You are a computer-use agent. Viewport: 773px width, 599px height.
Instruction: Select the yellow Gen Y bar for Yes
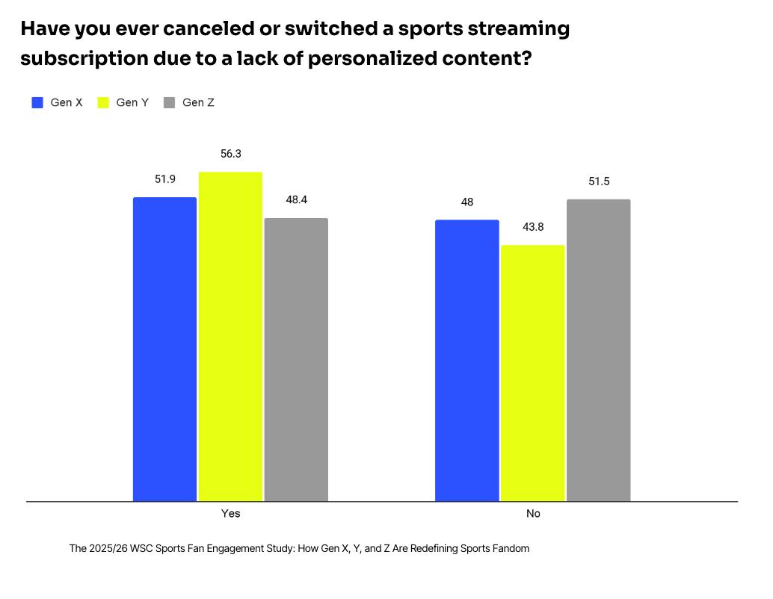tap(230, 336)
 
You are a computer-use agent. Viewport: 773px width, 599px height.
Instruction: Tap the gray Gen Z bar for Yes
tap(296, 359)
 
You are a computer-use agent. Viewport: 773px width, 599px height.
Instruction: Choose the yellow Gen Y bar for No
tap(532, 373)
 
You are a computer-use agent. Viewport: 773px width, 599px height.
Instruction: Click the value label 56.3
tap(231, 154)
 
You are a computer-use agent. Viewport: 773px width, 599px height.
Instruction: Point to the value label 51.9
tap(165, 179)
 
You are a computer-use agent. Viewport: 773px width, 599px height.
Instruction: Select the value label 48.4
tap(296, 200)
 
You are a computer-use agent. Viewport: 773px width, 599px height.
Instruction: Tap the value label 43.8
tap(533, 227)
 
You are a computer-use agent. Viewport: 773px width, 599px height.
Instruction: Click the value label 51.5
tap(599, 181)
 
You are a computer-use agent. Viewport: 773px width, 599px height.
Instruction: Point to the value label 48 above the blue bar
tap(467, 202)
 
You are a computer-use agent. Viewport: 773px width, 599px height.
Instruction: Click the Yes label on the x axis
tap(231, 514)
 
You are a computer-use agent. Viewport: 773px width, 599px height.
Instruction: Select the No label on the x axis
tap(533, 514)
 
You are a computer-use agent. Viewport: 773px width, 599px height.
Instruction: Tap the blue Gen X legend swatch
tap(37, 103)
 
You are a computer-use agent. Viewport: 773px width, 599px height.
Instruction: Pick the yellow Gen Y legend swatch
tap(103, 103)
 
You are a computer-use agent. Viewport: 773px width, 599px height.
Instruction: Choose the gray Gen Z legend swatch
tap(169, 103)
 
